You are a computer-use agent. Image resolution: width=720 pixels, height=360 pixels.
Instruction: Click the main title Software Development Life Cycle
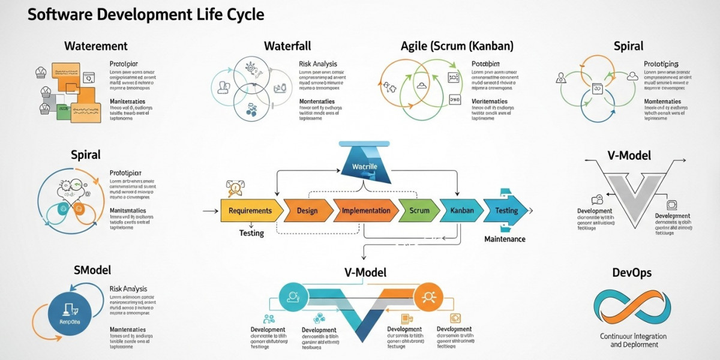pyautogui.click(x=146, y=14)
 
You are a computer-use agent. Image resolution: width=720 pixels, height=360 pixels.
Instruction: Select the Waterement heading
pyautogui.click(x=96, y=46)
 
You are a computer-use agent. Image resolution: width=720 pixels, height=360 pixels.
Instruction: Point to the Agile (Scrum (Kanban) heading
pyautogui.click(x=457, y=46)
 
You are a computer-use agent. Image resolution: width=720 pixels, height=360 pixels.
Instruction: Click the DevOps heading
pyautogui.click(x=632, y=273)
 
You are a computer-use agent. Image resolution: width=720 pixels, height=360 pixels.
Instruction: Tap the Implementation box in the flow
pyautogui.click(x=365, y=211)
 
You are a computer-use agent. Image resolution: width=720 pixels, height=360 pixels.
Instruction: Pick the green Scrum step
pyautogui.click(x=419, y=211)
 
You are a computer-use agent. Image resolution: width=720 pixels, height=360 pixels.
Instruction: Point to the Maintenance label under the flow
pyautogui.click(x=505, y=239)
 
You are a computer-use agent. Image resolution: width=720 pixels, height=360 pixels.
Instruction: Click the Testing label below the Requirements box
pyautogui.click(x=251, y=233)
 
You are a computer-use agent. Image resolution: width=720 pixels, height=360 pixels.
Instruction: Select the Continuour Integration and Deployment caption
pyautogui.click(x=634, y=340)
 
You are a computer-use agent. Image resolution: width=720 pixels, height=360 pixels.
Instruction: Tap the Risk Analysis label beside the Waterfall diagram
pyautogui.click(x=317, y=64)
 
